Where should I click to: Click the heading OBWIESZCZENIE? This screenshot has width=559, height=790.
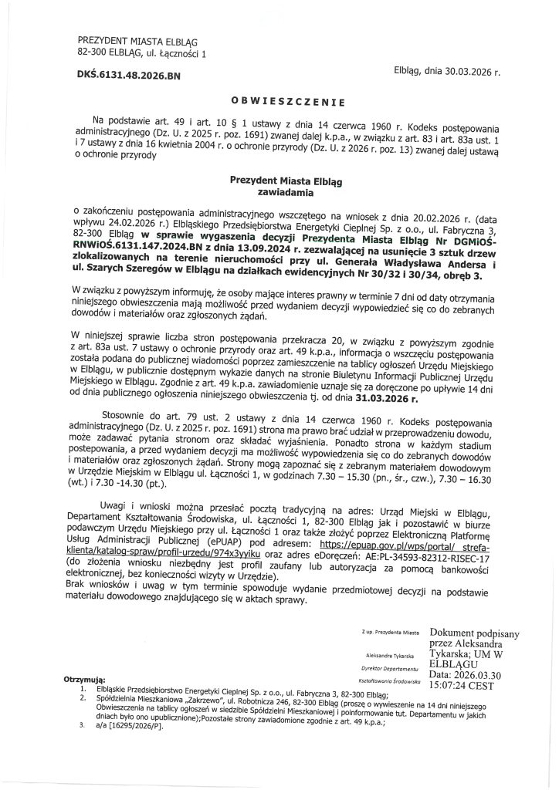(288, 101)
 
